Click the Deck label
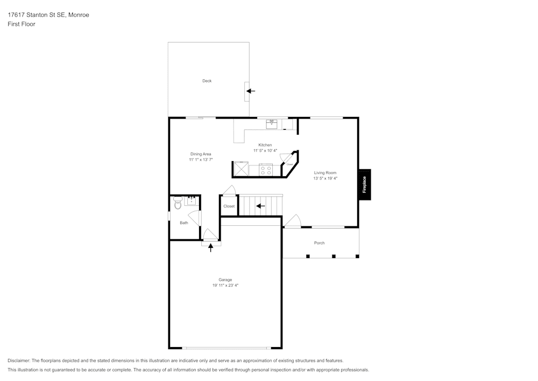pos(207,81)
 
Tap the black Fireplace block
pos(364,185)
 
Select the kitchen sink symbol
pos(272,124)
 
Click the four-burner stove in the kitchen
pos(266,170)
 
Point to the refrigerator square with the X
pos(241,170)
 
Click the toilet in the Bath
pos(178,203)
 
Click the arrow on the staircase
pos(260,206)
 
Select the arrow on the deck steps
pos(250,91)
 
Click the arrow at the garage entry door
pos(211,247)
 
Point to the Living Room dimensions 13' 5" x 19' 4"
pos(325,178)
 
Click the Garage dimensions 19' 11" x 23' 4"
pos(225,286)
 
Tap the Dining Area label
pos(201,154)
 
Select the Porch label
pos(319,243)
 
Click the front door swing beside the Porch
pos(293,221)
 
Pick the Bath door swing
pos(195,218)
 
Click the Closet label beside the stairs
pos(229,206)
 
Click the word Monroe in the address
pos(78,15)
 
